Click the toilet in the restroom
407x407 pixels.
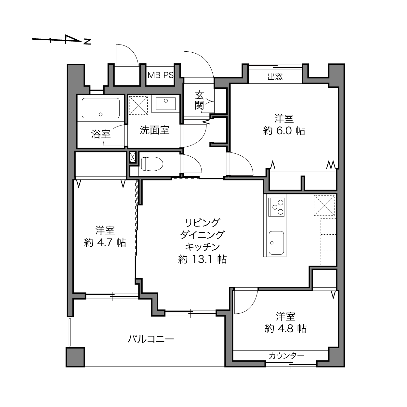click(x=152, y=164)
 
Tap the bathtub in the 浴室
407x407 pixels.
click(x=101, y=108)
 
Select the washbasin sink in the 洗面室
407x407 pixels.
click(x=166, y=103)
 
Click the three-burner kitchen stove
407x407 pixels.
click(x=276, y=207)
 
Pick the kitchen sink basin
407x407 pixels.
click(x=276, y=243)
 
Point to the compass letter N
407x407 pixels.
click(x=87, y=42)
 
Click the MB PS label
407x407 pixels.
click(x=161, y=75)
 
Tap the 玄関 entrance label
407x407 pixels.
click(x=199, y=100)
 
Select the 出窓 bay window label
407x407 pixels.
click(x=275, y=77)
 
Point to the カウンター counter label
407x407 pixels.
click(x=287, y=356)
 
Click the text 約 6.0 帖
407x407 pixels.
click(x=284, y=131)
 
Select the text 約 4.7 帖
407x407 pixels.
click(x=105, y=243)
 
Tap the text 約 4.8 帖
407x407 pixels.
click(x=285, y=329)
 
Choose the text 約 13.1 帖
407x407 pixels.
click(x=202, y=259)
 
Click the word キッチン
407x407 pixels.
click(x=202, y=247)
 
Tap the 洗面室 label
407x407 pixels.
click(x=155, y=130)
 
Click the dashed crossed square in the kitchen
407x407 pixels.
click(x=324, y=205)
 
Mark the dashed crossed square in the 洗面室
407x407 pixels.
click(x=138, y=105)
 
